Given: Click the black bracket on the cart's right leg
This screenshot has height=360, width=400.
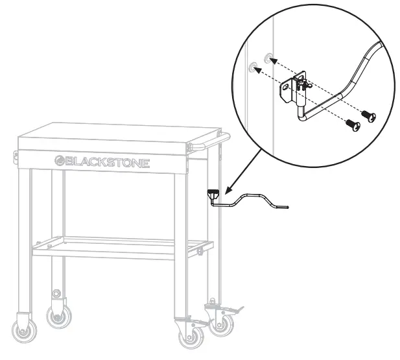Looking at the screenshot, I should [x=212, y=193].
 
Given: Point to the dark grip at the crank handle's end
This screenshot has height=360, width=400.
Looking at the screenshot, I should [x=284, y=208].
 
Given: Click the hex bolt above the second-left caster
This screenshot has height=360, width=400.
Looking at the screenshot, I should [x=58, y=293].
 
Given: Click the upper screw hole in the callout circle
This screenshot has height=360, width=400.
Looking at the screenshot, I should [x=269, y=58].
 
